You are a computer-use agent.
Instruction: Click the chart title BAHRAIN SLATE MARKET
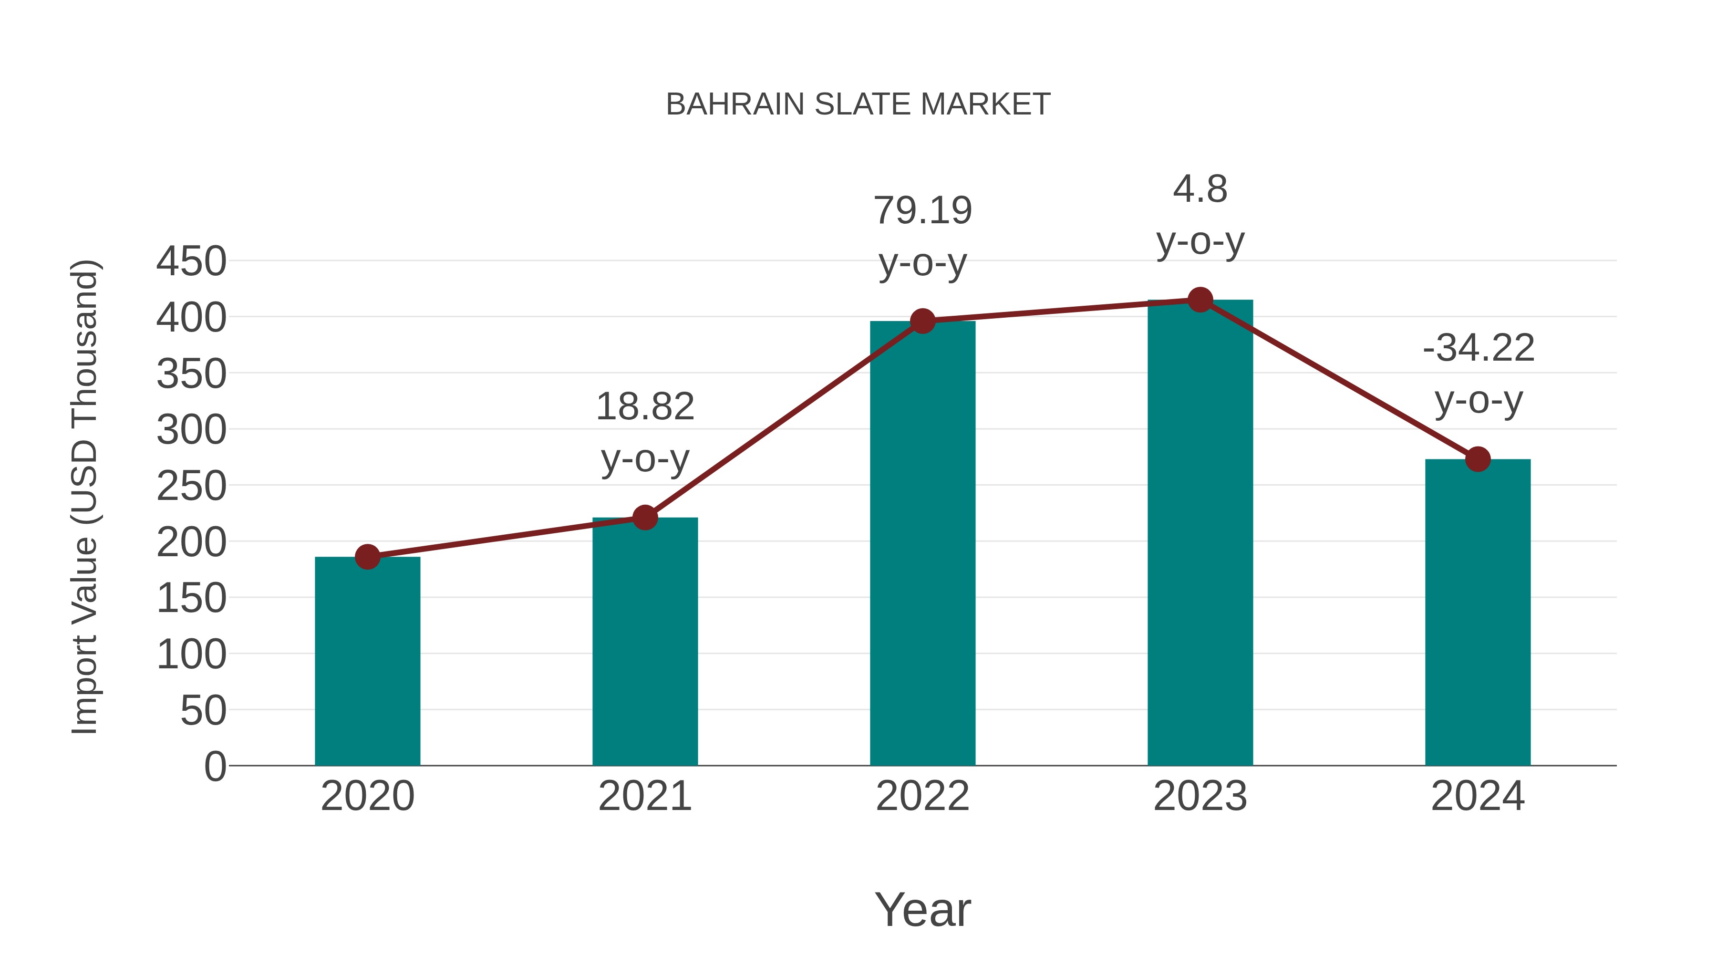pos(858,104)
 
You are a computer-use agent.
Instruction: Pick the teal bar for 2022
pos(922,543)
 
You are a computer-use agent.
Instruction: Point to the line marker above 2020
pos(367,557)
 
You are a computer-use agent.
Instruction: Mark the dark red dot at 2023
pos(1200,300)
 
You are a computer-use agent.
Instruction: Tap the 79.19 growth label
pos(922,211)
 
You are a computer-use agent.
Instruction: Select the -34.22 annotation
pos(1478,349)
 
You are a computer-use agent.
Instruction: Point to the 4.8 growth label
pos(1200,190)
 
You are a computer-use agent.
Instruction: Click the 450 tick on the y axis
pos(191,261)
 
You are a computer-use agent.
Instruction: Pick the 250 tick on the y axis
pos(191,486)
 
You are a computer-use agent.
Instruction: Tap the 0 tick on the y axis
pos(215,766)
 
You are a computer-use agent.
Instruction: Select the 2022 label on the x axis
pos(922,796)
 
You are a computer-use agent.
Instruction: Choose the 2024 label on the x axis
pos(1478,796)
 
